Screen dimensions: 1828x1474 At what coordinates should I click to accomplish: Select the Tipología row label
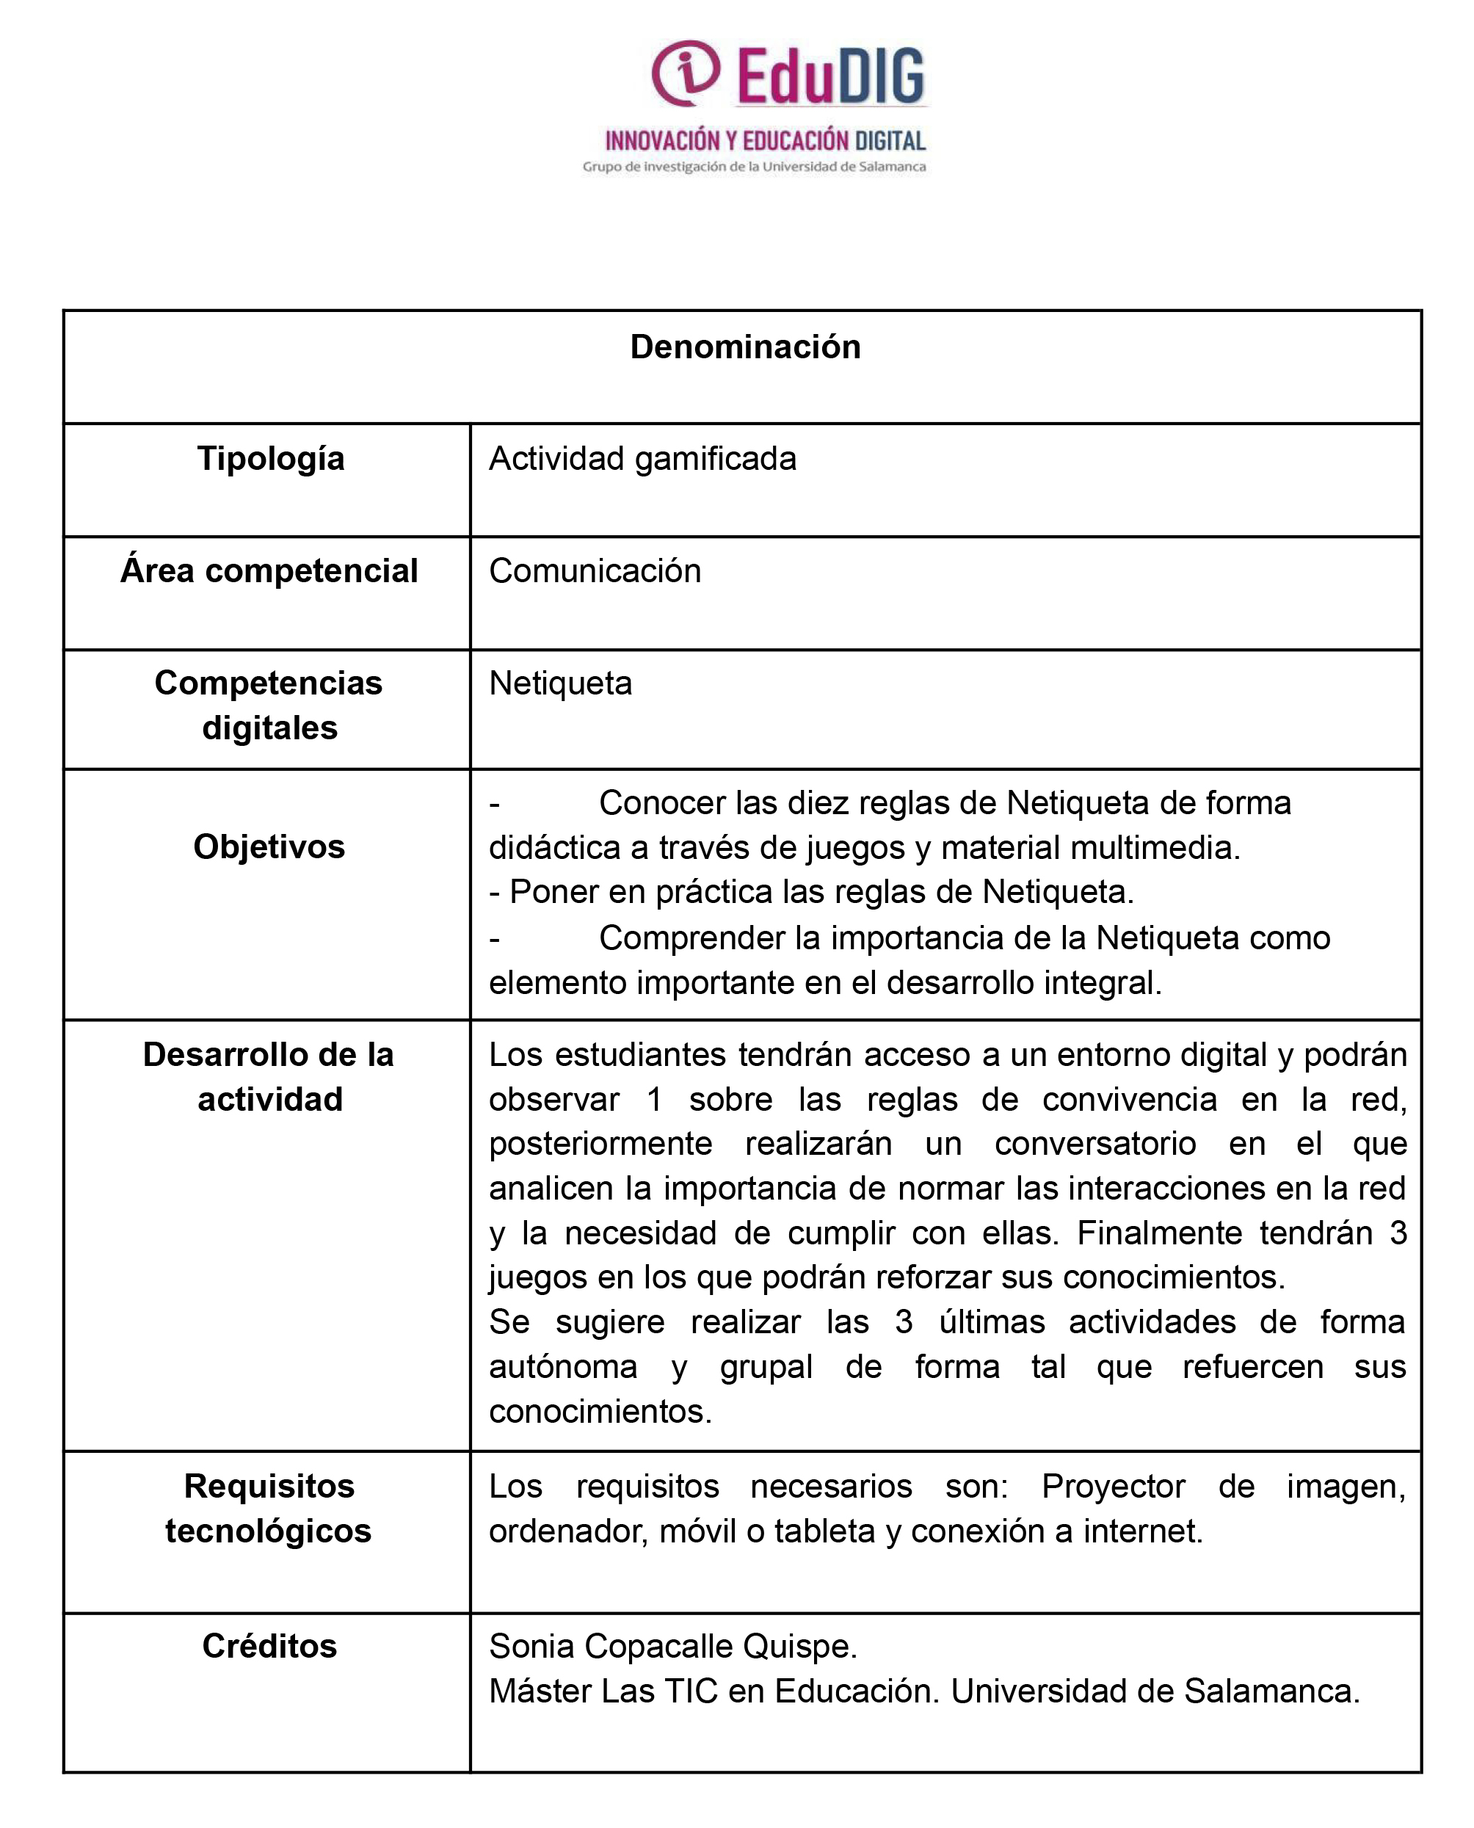click(x=271, y=460)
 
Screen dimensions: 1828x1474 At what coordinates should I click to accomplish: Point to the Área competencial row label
click(x=269, y=570)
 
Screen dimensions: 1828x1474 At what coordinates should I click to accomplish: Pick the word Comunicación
click(x=595, y=571)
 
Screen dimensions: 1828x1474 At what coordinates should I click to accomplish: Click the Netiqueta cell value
click(x=560, y=683)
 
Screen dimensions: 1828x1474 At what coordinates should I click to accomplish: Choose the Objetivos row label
click(x=269, y=846)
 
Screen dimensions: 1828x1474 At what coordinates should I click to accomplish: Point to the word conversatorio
click(x=1094, y=1144)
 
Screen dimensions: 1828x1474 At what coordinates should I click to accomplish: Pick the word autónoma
click(x=563, y=1367)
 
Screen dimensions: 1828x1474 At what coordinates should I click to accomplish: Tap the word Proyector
click(x=1112, y=1487)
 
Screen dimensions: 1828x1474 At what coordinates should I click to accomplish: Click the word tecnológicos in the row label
click(x=269, y=1531)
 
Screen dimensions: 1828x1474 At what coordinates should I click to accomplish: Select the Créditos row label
click(x=269, y=1647)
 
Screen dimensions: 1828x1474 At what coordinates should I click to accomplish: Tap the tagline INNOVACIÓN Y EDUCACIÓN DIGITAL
click(x=765, y=141)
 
